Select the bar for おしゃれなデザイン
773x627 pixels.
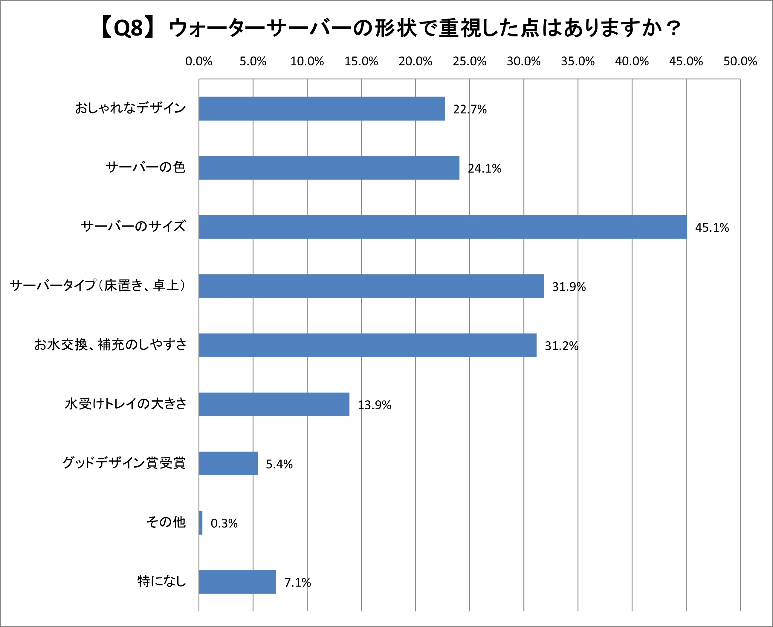tap(321, 108)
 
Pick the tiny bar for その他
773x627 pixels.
tap(201, 522)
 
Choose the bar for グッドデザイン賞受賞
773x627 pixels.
tap(228, 463)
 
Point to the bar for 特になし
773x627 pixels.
tap(237, 582)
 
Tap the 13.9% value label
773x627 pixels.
tap(374, 405)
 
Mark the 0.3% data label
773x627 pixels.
tap(224, 523)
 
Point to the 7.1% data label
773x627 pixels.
tap(297, 583)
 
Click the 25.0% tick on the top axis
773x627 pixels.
tap(469, 62)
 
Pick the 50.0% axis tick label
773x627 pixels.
tap(740, 62)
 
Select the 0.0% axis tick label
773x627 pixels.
tap(198, 62)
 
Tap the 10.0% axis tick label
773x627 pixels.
tap(307, 62)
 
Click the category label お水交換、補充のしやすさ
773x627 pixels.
tap(111, 345)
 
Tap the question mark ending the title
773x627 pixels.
tap(673, 28)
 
